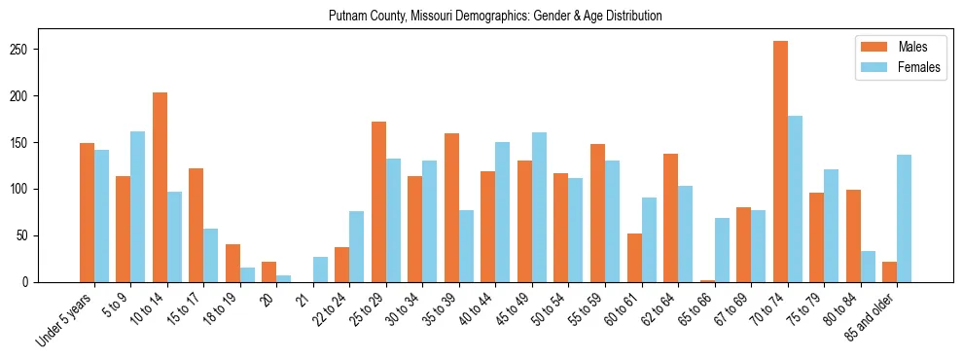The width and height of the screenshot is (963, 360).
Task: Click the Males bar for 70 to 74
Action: tap(780, 162)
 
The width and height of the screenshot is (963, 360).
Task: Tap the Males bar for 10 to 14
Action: tap(160, 188)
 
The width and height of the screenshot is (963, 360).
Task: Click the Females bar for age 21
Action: tap(320, 270)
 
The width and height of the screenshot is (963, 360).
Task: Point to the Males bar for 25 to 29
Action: tap(378, 202)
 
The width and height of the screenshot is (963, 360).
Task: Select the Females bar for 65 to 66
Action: tap(722, 250)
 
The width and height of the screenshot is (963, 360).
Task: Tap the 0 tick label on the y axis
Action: tap(61, 282)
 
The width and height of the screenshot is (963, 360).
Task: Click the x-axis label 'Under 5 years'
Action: tap(66, 317)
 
